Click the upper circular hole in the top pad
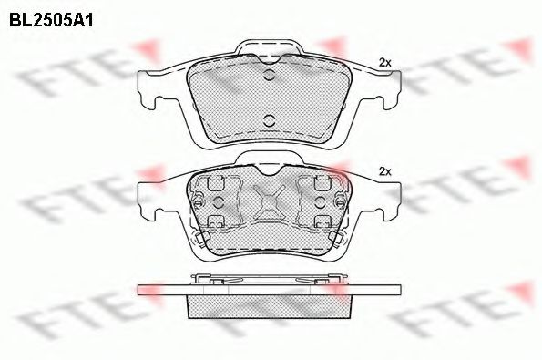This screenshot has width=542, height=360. point(269,75)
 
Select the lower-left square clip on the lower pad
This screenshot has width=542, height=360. point(218,222)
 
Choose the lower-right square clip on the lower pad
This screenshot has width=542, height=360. point(321,222)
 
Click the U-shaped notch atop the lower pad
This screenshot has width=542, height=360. point(269,168)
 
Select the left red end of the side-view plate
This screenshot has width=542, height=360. point(146,290)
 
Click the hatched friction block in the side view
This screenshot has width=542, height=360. point(269,307)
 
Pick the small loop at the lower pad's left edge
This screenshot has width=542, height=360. point(199,239)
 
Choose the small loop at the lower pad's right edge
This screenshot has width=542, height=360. point(338,239)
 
